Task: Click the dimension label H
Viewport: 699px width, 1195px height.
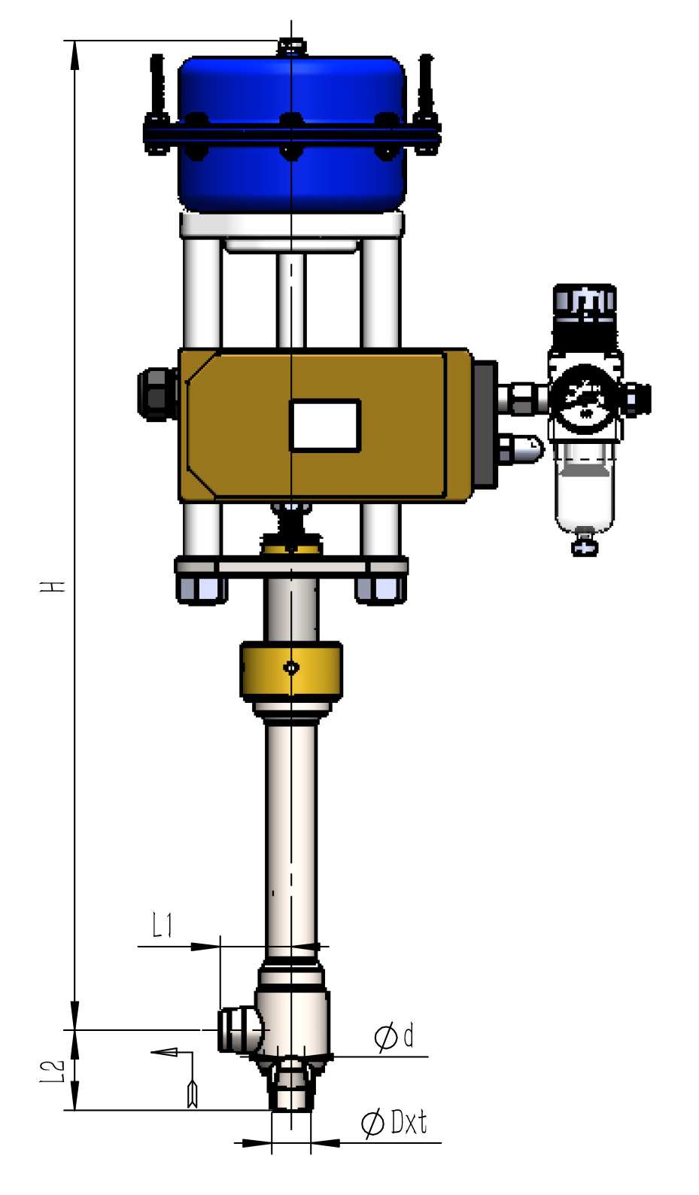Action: [x=52, y=586]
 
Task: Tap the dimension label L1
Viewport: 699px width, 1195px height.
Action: [x=163, y=926]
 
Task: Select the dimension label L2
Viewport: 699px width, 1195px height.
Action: [x=53, y=1072]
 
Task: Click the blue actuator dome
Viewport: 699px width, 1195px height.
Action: [x=291, y=133]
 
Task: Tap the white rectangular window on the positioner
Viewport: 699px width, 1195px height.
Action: [x=325, y=426]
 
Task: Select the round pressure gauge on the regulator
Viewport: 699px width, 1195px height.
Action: [x=585, y=397]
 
